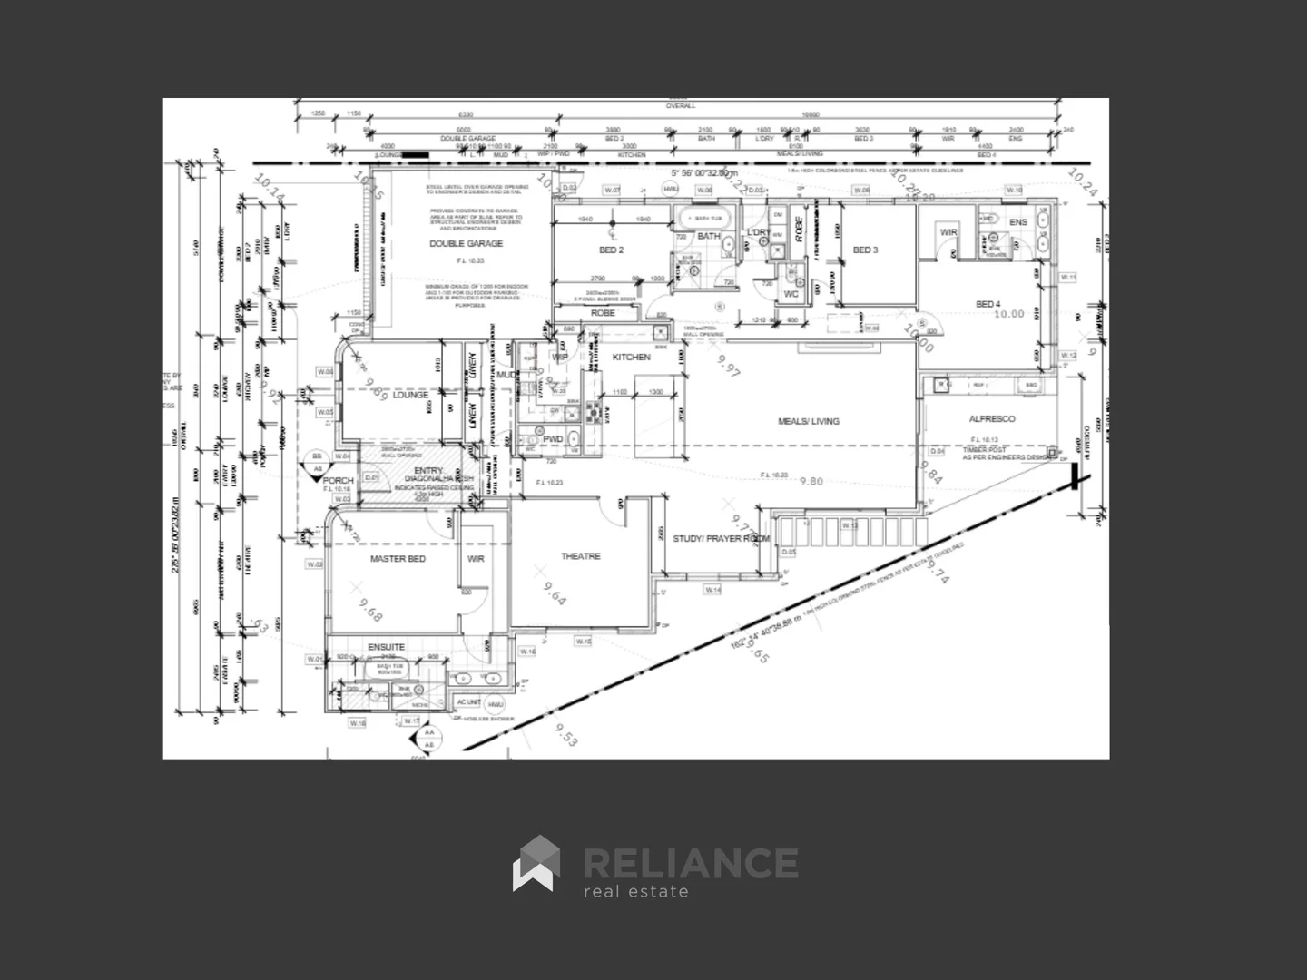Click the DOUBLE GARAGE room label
466,244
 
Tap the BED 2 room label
611,250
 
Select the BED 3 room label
865,250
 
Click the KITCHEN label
631,358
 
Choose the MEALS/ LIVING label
808,421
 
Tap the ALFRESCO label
992,419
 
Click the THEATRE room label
580,556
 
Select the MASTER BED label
398,559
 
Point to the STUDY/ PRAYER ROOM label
721,539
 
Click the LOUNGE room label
410,396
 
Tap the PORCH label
339,481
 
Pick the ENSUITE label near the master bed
386,647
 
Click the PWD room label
553,439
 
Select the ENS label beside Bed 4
1018,222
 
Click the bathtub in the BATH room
696,218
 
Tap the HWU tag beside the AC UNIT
495,704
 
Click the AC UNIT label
468,702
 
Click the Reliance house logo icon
536,863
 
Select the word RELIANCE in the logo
690,862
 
